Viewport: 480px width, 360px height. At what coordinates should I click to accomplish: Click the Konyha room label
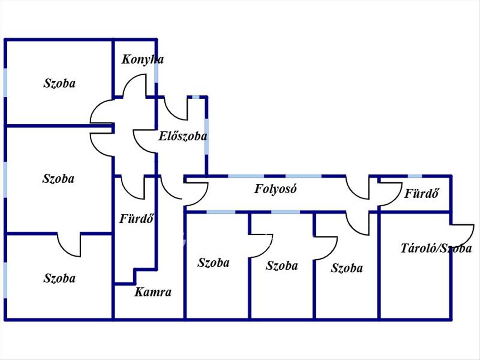142,60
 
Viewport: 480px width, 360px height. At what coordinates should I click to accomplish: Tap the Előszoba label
183,136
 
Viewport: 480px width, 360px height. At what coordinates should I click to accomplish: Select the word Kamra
152,292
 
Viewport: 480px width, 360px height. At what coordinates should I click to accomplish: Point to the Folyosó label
276,189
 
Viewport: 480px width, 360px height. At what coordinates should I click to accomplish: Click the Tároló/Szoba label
436,248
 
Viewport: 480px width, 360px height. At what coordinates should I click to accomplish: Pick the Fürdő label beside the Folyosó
422,194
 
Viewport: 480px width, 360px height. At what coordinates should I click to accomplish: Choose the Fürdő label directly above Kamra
136,219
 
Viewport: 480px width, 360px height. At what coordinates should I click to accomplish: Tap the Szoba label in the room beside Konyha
59,84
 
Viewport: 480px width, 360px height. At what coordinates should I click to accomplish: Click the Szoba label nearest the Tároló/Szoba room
346,268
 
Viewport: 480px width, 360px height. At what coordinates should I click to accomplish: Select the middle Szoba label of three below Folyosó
282,266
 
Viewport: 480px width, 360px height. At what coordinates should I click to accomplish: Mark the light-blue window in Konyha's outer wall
156,72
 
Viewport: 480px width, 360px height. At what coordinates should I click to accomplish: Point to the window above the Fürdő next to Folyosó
415,176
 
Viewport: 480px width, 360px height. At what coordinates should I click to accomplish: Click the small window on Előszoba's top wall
196,97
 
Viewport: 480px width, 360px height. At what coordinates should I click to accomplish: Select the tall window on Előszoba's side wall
206,136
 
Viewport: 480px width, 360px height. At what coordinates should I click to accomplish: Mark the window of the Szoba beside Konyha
6,83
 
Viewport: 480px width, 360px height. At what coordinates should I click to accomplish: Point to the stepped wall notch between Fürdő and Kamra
135,276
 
